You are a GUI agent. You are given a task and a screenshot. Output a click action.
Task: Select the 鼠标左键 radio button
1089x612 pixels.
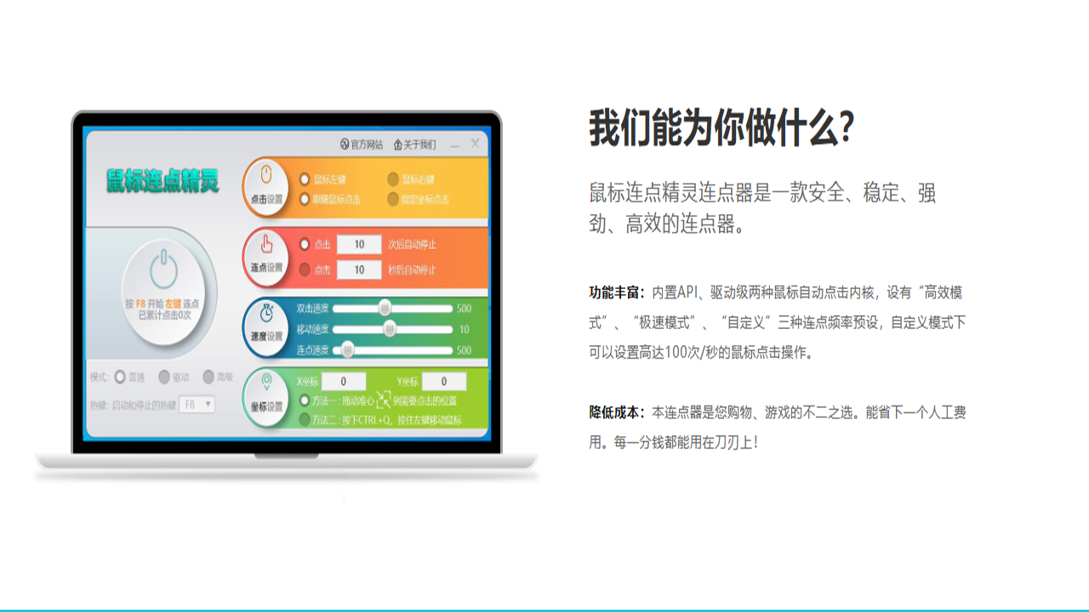(x=305, y=179)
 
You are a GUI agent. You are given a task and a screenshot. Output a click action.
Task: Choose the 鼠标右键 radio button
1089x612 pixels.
(x=393, y=179)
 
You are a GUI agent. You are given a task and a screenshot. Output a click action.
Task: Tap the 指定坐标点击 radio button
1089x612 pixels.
(x=393, y=200)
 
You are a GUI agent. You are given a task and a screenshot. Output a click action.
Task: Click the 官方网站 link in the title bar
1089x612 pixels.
(x=362, y=144)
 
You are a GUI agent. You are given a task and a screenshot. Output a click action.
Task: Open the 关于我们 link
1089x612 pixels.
(x=415, y=144)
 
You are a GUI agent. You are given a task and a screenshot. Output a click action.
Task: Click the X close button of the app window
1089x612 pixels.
(x=475, y=144)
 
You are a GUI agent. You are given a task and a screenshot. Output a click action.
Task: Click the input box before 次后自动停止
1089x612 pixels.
(x=359, y=245)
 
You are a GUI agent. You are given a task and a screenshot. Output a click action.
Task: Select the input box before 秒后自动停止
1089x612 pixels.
(x=359, y=269)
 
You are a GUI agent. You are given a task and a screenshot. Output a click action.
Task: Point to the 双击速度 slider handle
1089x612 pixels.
(x=385, y=308)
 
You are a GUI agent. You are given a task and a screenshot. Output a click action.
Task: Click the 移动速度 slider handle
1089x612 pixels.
(x=390, y=329)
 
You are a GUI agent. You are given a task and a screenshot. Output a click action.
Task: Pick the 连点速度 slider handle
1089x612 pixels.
(x=347, y=349)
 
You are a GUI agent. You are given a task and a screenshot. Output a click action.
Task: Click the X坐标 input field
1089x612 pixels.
(x=344, y=382)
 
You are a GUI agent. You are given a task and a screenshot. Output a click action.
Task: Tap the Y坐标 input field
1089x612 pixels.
(x=444, y=382)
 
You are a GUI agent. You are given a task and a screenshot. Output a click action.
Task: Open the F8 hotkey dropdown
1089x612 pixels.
(x=197, y=405)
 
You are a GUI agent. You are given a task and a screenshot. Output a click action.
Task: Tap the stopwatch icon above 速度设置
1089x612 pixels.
(x=266, y=314)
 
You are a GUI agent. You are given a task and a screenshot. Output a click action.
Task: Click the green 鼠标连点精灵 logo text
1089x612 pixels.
(x=162, y=181)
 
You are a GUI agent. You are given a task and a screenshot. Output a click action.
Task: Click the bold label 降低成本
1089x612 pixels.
(x=616, y=412)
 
